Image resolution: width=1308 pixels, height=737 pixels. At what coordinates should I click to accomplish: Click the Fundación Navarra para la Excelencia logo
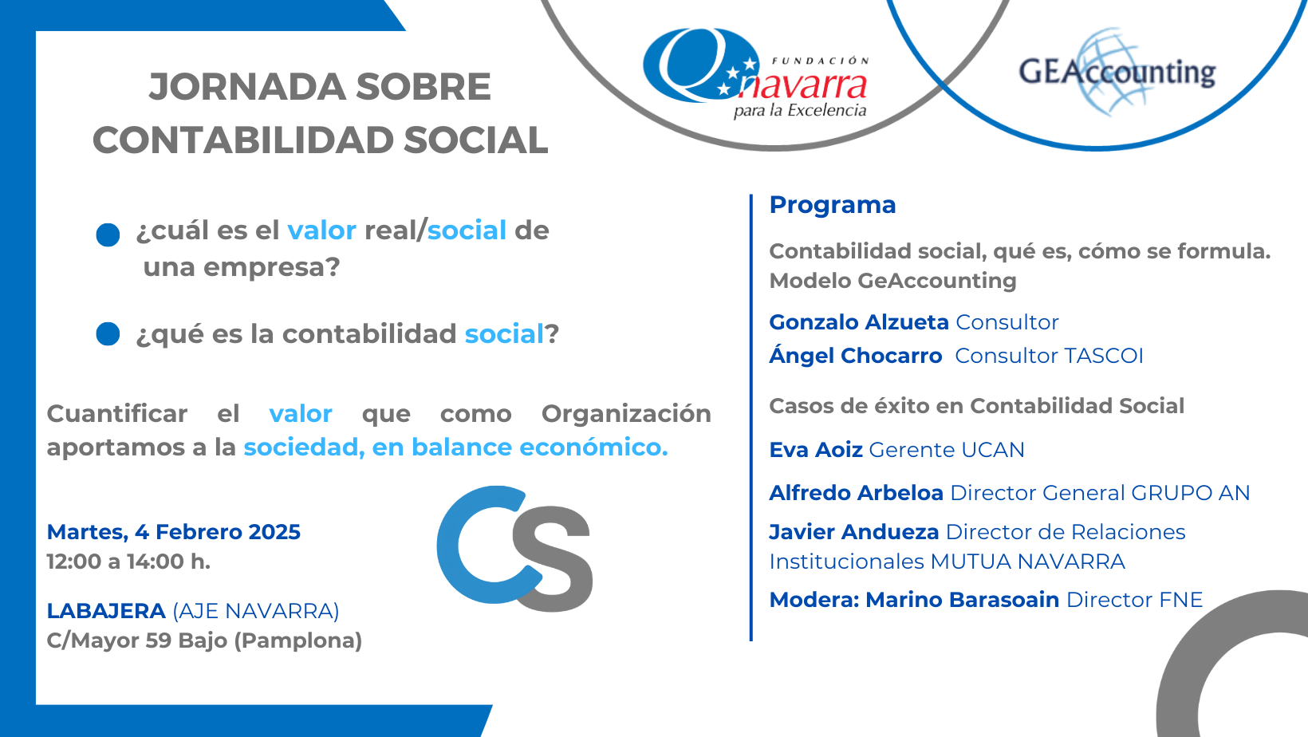coord(756,73)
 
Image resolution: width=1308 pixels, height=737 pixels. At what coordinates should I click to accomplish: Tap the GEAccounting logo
coord(1117,71)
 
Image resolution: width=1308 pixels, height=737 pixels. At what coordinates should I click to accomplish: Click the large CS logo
coord(514,549)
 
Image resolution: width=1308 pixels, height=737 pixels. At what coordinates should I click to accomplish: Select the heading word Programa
coord(832,205)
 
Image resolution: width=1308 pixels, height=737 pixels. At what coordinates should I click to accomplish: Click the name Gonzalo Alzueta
coord(858,321)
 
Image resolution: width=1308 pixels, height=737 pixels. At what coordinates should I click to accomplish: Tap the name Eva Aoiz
coord(816,450)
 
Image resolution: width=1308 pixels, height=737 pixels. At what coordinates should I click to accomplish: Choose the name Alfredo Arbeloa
coord(856,493)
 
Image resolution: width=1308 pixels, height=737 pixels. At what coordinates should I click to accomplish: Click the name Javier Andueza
coord(853,532)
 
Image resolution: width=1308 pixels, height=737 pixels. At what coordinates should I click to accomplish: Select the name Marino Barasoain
coord(963,600)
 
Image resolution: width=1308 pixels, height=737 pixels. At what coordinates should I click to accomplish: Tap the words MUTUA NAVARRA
coord(1028,562)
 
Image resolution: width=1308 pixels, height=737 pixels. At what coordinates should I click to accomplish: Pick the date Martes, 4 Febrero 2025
coord(173,533)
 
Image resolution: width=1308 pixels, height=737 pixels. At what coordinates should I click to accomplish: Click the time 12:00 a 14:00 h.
coord(128,562)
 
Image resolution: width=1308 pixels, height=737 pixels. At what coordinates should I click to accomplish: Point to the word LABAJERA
coord(106,611)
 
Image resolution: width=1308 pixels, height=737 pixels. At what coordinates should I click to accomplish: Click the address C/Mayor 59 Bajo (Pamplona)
coord(204,640)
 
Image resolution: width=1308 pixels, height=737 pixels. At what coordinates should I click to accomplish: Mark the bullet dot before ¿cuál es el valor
coord(108,235)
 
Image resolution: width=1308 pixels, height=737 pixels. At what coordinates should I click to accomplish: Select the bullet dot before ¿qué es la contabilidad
coord(108,334)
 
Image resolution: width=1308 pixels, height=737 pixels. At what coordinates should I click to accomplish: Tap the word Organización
coord(626,414)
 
